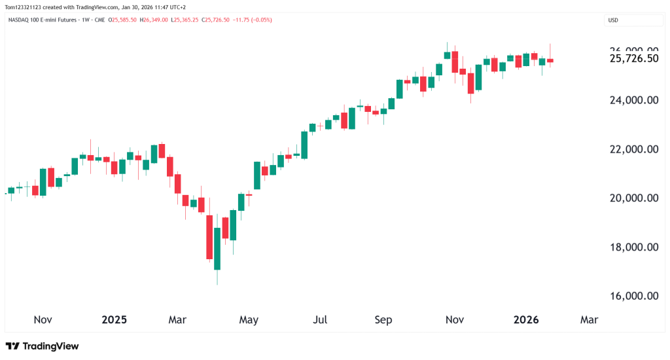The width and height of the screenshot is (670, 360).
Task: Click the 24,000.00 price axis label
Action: click(x=633, y=100)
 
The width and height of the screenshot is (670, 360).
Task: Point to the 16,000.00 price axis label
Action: click(x=633, y=296)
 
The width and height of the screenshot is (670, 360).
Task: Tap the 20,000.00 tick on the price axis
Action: click(x=633, y=198)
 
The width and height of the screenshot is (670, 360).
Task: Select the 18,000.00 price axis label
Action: click(x=633, y=247)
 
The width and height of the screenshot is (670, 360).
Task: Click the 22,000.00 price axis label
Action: click(x=633, y=149)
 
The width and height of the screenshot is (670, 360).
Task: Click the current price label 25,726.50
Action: click(x=633, y=59)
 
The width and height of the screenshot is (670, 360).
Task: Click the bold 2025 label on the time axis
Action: click(x=115, y=320)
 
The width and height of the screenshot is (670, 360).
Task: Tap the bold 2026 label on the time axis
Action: click(x=525, y=320)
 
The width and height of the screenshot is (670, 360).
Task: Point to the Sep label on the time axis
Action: click(x=383, y=320)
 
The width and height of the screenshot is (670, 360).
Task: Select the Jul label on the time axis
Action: click(x=320, y=320)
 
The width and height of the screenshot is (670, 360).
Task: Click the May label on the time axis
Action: click(x=249, y=320)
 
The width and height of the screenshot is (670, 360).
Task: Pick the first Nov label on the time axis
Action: click(x=43, y=320)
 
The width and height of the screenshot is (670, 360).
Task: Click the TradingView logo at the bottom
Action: click(x=42, y=346)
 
